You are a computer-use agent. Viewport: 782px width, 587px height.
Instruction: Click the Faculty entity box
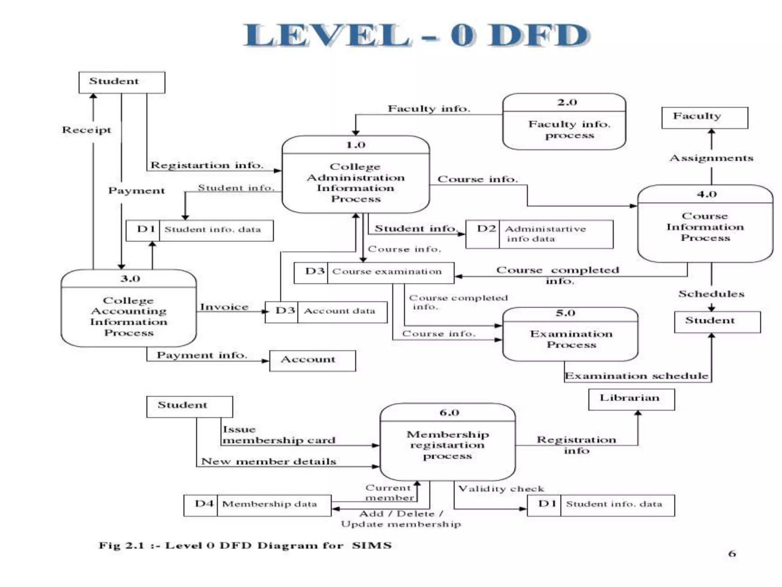tap(704, 118)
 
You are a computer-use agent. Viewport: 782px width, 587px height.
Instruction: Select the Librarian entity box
tap(631, 399)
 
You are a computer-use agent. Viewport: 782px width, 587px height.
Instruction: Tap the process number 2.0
tap(567, 102)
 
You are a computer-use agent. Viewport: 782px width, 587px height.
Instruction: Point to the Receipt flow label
tap(87, 130)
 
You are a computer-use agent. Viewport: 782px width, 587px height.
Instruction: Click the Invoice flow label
tap(224, 307)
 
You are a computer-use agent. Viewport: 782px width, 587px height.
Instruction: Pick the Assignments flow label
tap(711, 158)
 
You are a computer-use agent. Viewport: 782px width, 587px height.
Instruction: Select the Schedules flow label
tap(711, 294)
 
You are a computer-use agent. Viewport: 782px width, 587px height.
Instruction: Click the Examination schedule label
tap(637, 376)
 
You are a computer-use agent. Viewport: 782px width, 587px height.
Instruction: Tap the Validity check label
tap(501, 489)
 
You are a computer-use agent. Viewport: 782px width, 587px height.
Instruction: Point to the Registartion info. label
tap(207, 165)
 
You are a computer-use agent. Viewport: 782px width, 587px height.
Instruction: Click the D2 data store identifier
tap(486, 229)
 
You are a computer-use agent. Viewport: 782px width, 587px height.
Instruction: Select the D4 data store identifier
tap(204, 504)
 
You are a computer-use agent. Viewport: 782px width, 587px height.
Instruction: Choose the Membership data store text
tap(270, 504)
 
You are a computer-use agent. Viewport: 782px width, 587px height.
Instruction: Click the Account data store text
tap(339, 311)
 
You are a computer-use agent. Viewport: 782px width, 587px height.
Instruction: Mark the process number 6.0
tap(449, 413)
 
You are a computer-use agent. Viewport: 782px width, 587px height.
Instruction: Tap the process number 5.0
tap(565, 313)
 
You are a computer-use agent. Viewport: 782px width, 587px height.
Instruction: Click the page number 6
tap(732, 554)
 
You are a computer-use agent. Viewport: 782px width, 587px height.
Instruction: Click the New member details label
tap(268, 462)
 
